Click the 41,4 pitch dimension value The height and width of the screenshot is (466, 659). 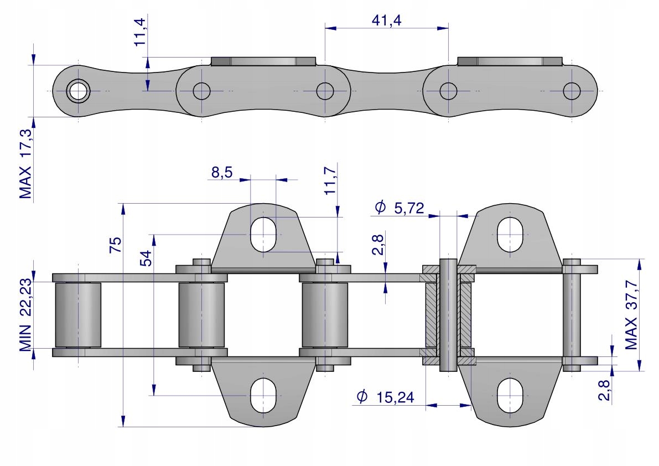386,20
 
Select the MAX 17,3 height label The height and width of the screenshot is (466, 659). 25,164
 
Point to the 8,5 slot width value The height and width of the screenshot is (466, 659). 221,173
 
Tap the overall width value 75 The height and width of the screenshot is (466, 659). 116,244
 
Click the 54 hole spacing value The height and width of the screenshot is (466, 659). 146,258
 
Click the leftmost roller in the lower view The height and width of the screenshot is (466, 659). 78,314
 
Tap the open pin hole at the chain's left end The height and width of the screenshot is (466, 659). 78,90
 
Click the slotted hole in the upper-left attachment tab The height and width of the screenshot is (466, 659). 263,234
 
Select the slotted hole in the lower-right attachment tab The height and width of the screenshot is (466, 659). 509,396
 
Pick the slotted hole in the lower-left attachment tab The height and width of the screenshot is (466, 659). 263,396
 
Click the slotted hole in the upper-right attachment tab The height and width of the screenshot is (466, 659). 509,234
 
